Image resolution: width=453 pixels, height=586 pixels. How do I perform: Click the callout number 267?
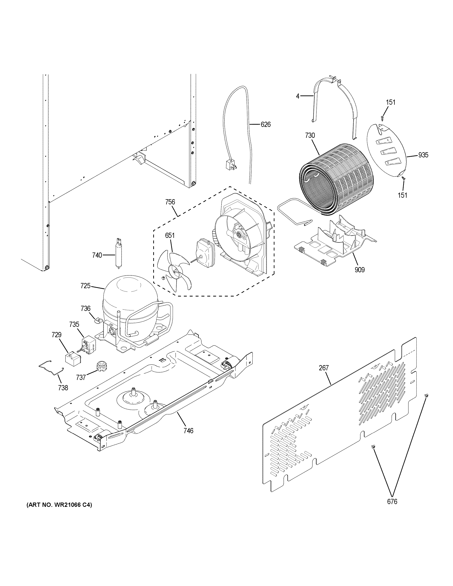[324, 368]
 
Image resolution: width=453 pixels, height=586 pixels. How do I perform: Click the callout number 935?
[423, 155]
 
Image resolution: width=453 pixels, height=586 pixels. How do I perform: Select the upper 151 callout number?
[391, 102]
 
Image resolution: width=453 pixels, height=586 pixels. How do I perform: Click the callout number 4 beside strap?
[298, 96]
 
